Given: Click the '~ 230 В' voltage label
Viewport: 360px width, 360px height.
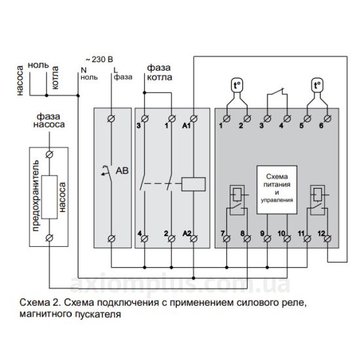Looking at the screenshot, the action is [99, 60].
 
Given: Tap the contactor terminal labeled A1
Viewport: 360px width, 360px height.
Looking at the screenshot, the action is [194, 118].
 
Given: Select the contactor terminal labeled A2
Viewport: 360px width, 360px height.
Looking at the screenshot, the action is [194, 238].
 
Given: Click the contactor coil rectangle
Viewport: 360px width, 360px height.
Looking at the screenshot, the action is [193, 184].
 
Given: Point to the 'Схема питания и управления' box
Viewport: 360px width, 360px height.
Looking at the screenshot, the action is [277, 190].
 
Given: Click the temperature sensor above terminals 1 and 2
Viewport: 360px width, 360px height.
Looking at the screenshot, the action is [237, 85].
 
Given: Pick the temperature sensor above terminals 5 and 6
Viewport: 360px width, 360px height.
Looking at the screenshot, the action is [317, 85].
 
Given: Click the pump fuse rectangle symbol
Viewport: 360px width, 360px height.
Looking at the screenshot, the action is [49, 197].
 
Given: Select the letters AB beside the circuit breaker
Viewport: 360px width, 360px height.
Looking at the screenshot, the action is [122, 171].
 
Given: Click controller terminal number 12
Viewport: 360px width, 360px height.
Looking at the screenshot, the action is [328, 238].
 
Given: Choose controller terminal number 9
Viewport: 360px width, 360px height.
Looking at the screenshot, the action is [267, 238].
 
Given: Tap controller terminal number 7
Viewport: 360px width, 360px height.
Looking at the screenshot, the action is [227, 238].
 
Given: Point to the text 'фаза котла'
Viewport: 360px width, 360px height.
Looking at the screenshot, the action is [159, 72].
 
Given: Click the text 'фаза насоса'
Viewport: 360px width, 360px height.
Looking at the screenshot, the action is [49, 120].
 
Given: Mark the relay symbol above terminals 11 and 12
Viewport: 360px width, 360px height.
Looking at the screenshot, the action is [317, 200].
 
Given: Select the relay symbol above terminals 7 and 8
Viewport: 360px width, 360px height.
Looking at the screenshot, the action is [237, 200].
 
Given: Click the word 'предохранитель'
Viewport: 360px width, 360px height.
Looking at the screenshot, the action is [36, 196].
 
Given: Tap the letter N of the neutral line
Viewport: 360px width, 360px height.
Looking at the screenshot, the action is [84, 70].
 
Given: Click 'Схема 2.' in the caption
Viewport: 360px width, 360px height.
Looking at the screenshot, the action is [40, 302].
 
